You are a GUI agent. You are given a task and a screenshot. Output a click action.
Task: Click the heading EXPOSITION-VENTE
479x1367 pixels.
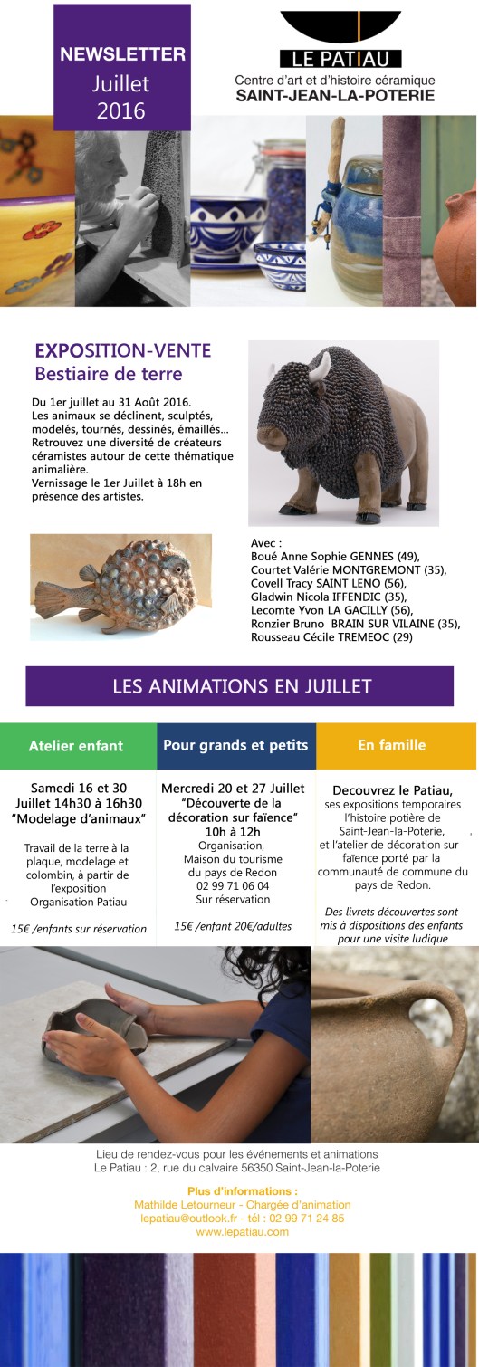122,350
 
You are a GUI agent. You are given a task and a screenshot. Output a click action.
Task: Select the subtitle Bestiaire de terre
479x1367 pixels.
108,373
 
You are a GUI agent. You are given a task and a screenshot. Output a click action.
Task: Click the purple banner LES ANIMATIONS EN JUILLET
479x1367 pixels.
240,686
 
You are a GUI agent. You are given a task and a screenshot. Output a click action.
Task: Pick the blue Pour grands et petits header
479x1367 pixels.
235,746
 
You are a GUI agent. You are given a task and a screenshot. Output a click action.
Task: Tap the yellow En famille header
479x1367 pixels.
395,746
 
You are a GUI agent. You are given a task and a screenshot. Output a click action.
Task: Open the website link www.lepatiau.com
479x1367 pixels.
242,1231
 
